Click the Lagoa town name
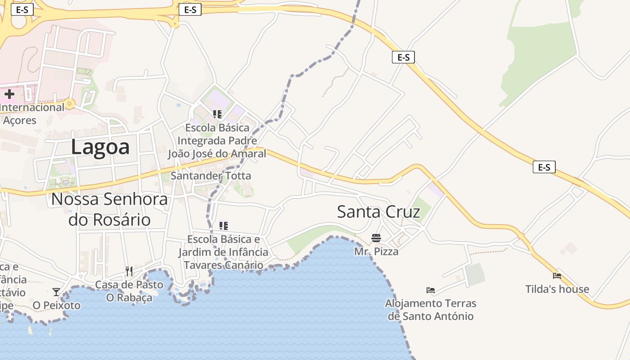pos(100,147)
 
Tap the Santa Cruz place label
pos(378,211)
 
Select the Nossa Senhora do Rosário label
pos(109,209)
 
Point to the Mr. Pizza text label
pos(376,251)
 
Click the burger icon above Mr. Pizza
pos(376,238)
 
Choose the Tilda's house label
pos(557,289)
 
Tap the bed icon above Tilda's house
pos(557,276)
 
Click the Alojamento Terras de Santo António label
pos(431,310)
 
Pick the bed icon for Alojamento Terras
pos(431,290)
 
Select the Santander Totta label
pos(211,175)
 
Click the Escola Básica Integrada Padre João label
pos(217,140)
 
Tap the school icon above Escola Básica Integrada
pos(217,114)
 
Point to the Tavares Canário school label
pos(223,252)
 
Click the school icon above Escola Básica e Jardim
pos(223,225)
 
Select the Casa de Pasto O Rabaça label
pos(129,291)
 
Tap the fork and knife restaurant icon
pos(129,271)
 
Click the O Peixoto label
pos(56,306)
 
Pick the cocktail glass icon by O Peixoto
pos(56,292)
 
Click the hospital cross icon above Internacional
pos(9,94)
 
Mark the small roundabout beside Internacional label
pos(69,105)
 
